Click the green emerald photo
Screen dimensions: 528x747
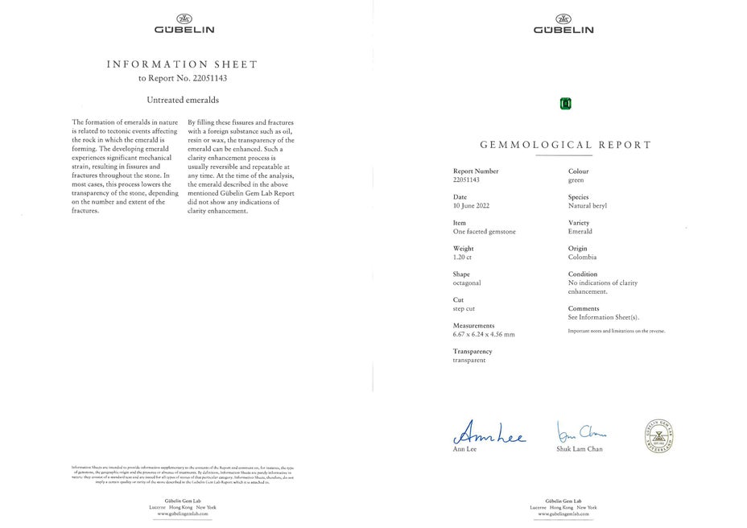click(x=565, y=103)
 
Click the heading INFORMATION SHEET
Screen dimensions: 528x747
click(x=183, y=64)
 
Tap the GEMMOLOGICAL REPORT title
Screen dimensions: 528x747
click(x=565, y=146)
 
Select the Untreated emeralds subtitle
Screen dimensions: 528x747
click(x=183, y=100)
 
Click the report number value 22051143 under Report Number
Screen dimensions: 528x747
click(x=466, y=179)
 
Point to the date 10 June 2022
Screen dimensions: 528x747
click(x=471, y=205)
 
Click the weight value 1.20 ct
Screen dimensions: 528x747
click(x=463, y=257)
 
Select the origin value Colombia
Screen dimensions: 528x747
click(x=582, y=257)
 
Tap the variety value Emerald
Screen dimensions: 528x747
click(x=580, y=231)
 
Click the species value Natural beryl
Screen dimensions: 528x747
click(x=588, y=205)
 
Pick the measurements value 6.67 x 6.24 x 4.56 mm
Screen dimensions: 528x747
click(x=484, y=334)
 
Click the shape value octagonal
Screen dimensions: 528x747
click(x=467, y=283)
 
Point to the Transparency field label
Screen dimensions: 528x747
click(x=473, y=351)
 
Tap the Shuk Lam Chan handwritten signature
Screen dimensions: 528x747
click(x=580, y=431)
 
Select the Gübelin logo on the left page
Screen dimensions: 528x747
click(x=184, y=24)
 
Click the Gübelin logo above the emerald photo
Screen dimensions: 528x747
click(x=563, y=24)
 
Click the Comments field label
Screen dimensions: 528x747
click(x=584, y=308)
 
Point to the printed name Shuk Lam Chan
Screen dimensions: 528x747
click(x=579, y=448)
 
